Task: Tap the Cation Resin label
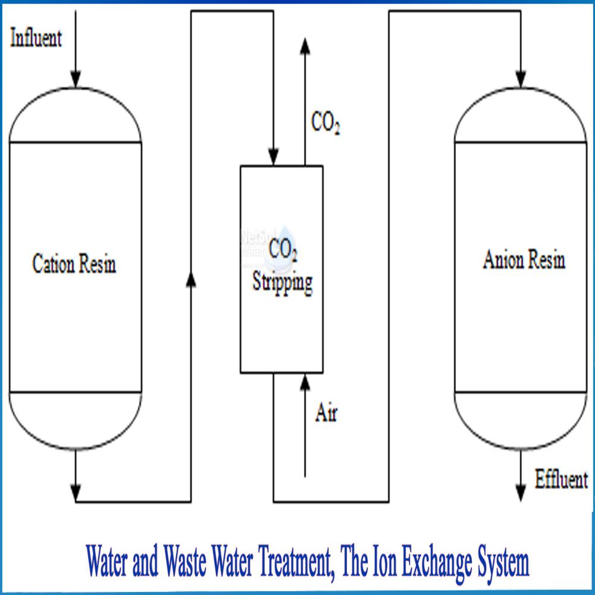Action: (74, 264)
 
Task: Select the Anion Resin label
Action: (524, 261)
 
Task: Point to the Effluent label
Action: (561, 480)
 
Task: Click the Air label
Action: (326, 414)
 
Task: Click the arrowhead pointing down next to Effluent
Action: (521, 493)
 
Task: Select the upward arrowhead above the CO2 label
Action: (305, 45)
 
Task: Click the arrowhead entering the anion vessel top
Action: (521, 79)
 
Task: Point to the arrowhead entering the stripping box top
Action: (273, 158)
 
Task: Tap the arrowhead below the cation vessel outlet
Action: (75, 493)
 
